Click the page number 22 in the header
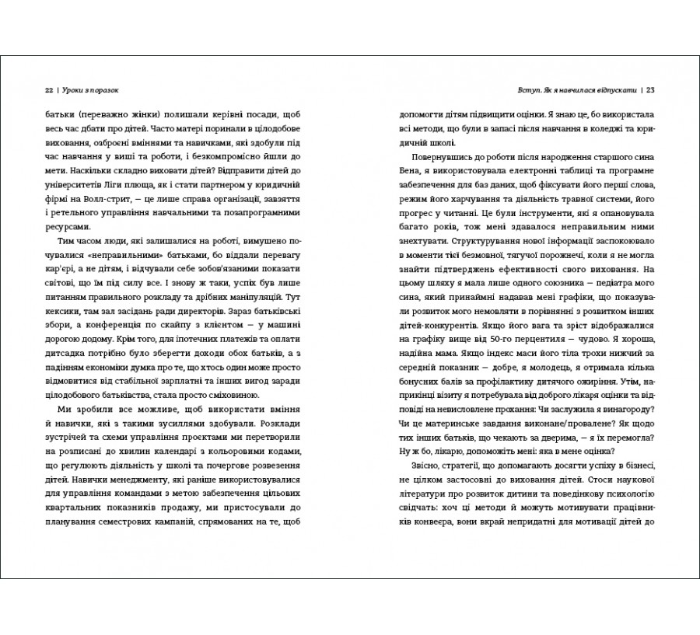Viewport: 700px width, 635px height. click(49, 88)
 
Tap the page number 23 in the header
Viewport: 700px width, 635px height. click(651, 88)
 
